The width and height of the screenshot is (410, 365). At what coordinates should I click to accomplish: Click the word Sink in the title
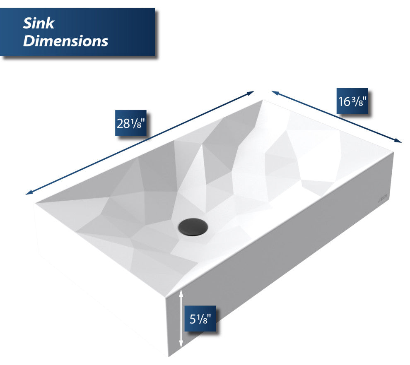39,23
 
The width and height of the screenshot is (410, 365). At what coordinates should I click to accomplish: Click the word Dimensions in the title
65,41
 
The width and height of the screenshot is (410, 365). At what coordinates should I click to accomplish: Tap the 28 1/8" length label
131,123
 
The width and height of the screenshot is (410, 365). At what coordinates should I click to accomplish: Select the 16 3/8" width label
352,101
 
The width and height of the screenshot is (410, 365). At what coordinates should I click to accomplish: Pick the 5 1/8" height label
200,319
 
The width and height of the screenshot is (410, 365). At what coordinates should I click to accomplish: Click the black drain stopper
193,227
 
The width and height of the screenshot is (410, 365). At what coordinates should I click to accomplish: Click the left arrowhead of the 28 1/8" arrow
28,193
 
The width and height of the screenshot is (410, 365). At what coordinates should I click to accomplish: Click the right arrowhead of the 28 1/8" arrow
251,92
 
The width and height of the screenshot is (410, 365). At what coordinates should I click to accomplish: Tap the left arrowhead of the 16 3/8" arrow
275,92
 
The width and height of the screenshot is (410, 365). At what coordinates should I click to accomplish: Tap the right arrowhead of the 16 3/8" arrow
398,141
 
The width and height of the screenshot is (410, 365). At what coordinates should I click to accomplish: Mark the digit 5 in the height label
193,319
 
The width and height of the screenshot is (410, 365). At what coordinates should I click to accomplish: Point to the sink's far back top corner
263,100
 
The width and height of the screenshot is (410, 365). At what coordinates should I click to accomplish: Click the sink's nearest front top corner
166,297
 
